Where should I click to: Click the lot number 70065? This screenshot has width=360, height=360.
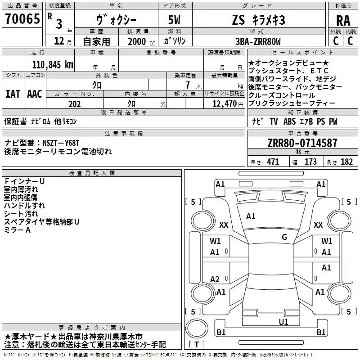pos(22,19)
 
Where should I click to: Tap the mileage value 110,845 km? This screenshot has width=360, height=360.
pos(53,64)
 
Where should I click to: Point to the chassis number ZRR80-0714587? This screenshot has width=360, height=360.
pos(302,143)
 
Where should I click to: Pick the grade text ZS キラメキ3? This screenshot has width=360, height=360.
pos(258,20)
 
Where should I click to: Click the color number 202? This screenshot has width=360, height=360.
pos(74,103)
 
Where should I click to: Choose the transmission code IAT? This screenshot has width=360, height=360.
pos(13,94)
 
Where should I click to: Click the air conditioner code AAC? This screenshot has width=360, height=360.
pos(35,94)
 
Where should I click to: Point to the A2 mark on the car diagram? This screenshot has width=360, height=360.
pos(215,279)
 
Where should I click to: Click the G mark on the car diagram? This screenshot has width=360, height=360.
pos(284,237)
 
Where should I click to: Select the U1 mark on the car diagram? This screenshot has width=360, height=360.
pos(283,322)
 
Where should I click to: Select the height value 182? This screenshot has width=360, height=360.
pos(347,162)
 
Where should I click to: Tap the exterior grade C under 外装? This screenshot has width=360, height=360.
pos(336,41)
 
